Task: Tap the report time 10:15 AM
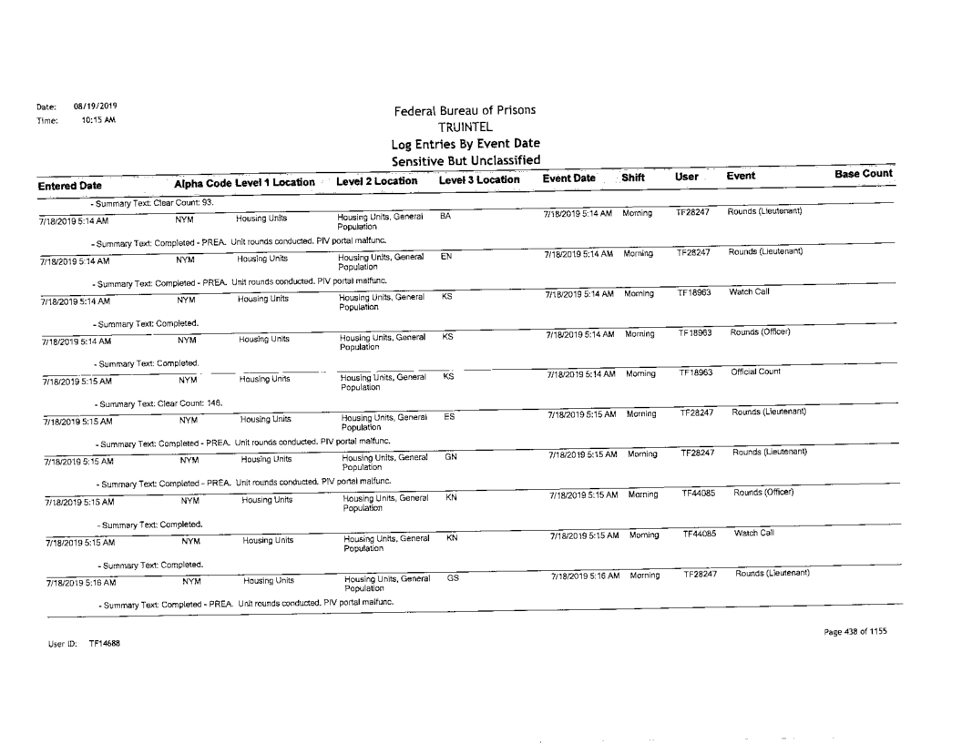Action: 93,118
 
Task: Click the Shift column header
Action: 635,180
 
